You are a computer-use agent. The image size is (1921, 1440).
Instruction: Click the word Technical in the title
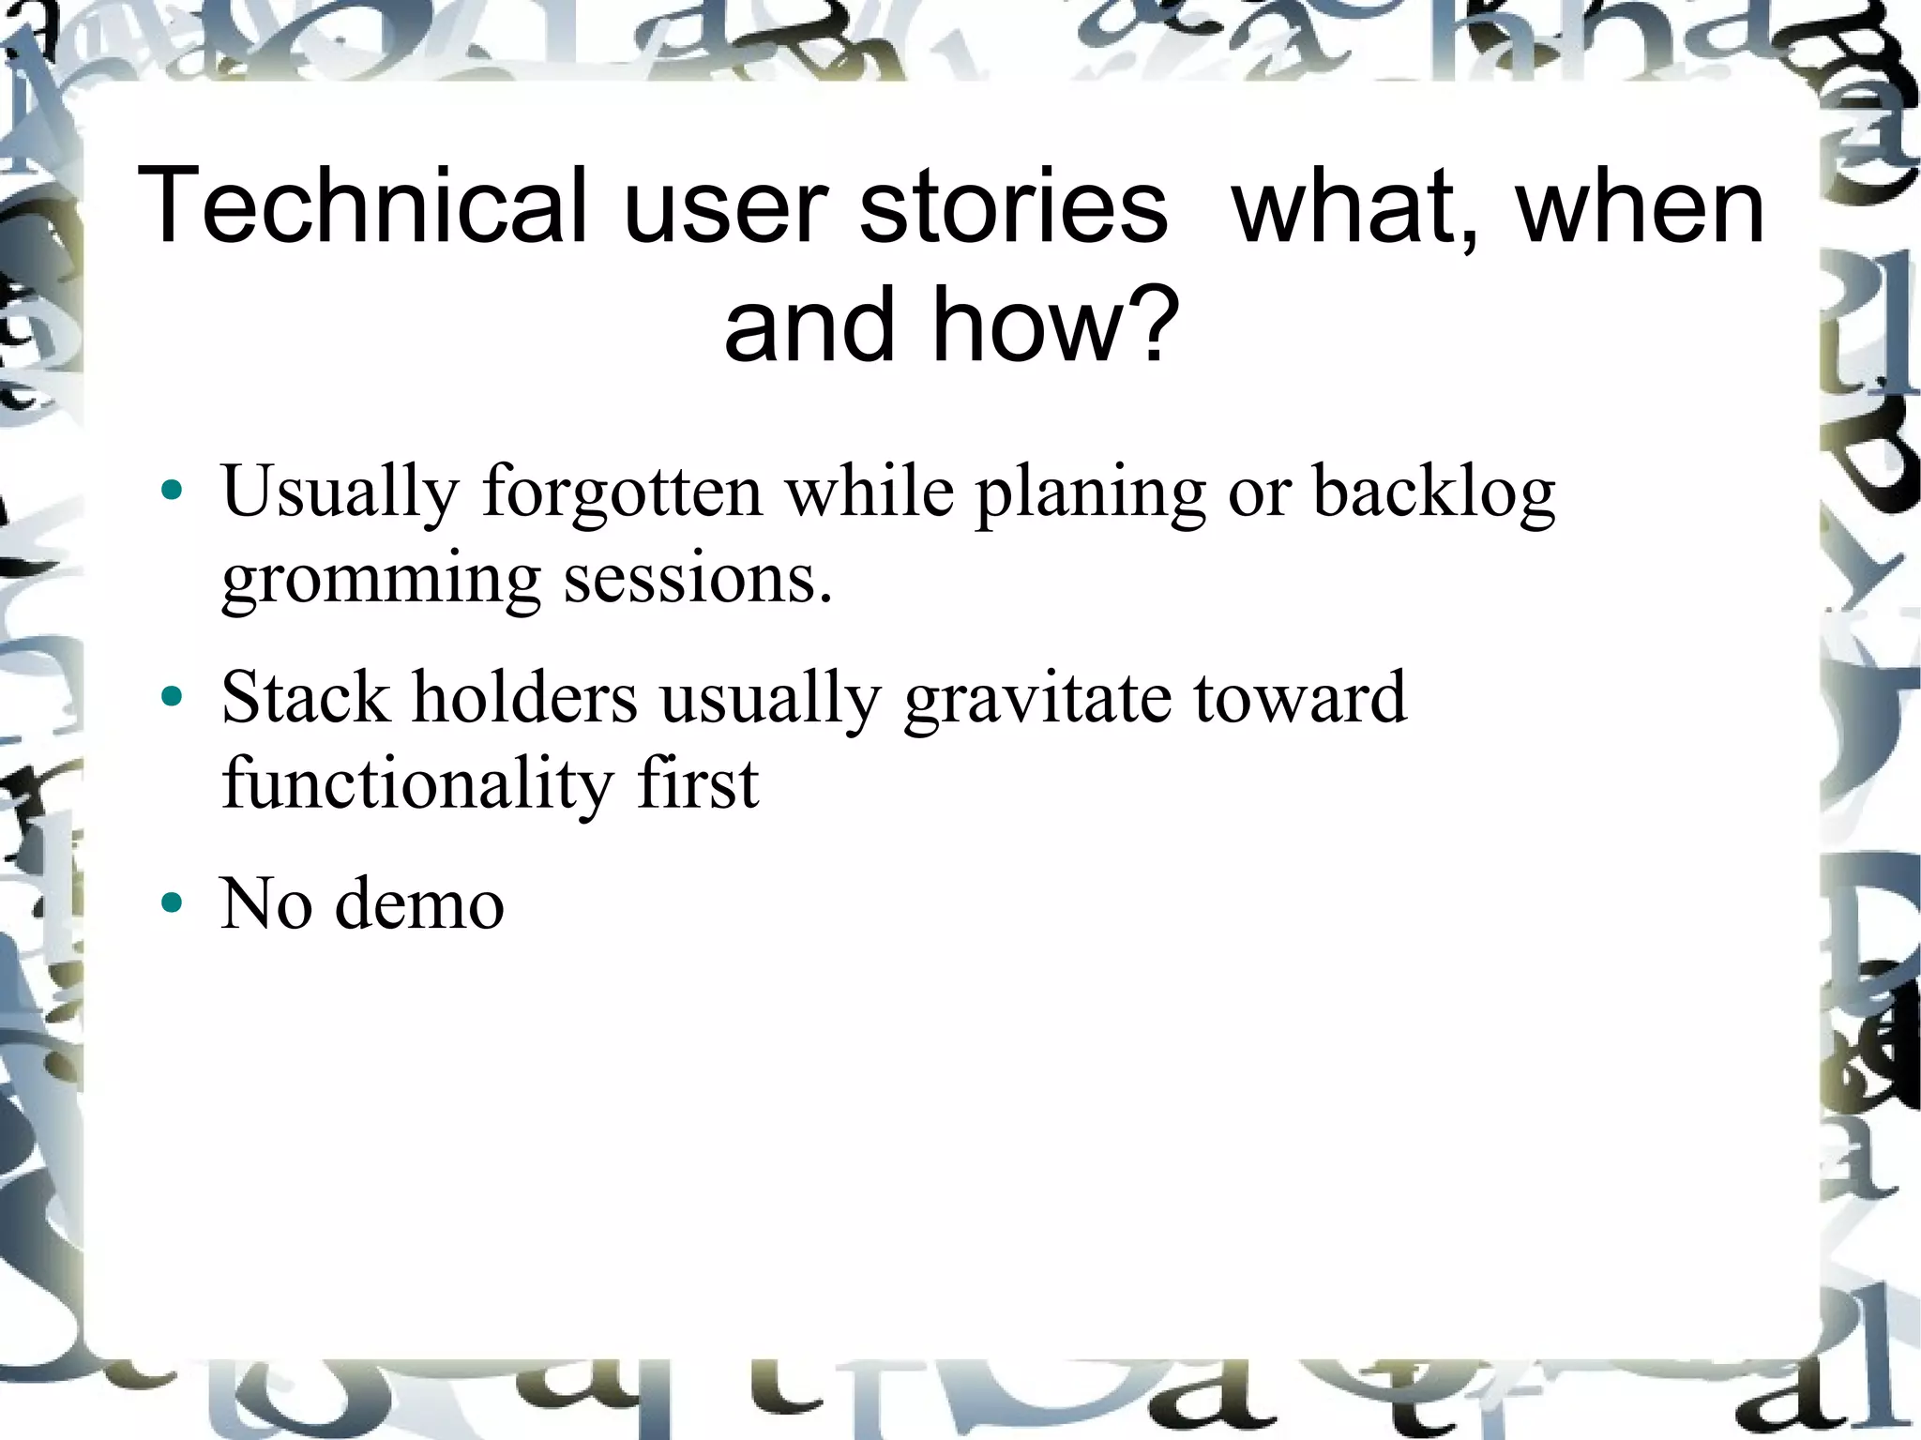click(x=361, y=205)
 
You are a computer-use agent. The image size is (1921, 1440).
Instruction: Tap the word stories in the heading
click(x=1013, y=205)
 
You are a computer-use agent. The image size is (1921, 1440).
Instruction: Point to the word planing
click(x=1090, y=493)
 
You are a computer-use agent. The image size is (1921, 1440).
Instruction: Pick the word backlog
click(x=1433, y=493)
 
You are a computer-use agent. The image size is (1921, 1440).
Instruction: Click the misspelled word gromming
click(x=381, y=580)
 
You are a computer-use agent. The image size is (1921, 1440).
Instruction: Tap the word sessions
click(x=697, y=578)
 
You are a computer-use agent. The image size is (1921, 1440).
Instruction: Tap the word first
click(x=698, y=782)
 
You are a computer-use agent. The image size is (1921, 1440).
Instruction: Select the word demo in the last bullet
click(x=419, y=903)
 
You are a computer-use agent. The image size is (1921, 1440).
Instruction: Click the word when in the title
click(x=1641, y=205)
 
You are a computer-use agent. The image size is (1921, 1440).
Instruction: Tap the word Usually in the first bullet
click(x=340, y=493)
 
